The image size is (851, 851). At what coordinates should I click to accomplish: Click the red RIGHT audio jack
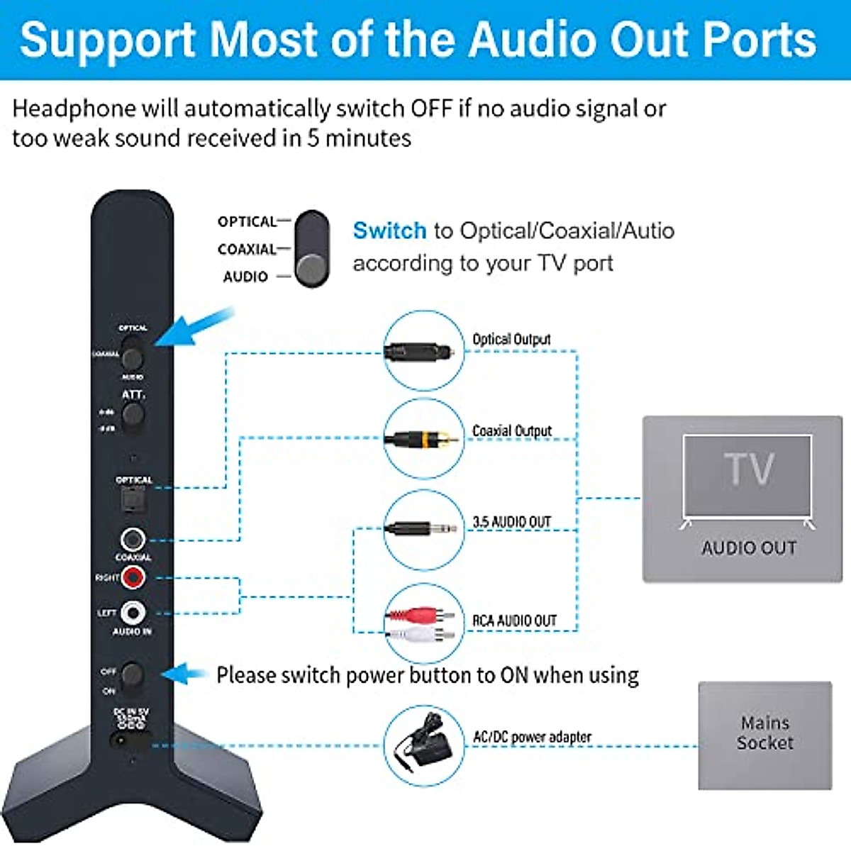click(x=133, y=577)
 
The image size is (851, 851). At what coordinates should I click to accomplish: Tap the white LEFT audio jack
click(x=133, y=612)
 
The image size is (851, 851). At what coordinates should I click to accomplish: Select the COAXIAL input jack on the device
click(x=133, y=540)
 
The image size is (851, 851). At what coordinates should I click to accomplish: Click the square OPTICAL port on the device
click(x=133, y=501)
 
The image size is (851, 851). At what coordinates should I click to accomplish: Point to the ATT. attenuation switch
click(x=133, y=415)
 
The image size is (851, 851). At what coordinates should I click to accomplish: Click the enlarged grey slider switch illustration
click(x=312, y=249)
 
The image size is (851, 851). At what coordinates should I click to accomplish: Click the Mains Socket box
click(x=764, y=735)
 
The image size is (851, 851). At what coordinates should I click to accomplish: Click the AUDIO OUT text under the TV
click(x=749, y=547)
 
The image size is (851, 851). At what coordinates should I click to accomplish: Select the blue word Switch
click(x=389, y=230)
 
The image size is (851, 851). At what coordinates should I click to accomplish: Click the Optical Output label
click(x=511, y=339)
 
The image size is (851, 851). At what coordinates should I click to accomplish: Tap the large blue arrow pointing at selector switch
click(x=191, y=328)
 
